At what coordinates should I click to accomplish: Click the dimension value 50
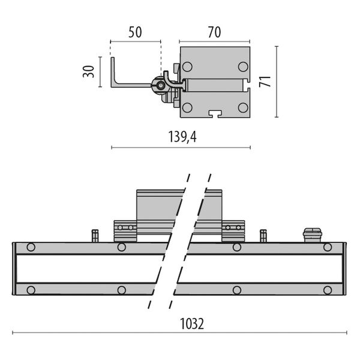coord(135,32)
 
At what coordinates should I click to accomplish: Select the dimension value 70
coord(214,32)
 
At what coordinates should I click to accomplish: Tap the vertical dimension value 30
coord(88,71)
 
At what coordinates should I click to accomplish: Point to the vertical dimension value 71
coord(265,81)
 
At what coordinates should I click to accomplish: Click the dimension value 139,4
coord(182,137)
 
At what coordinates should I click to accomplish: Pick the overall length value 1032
coord(192,324)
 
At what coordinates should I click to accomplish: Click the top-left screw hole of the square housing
coord(187,67)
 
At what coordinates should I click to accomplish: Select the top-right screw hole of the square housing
coord(242,67)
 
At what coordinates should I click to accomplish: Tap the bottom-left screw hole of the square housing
coord(187,107)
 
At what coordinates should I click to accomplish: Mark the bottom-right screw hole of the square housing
coord(242,107)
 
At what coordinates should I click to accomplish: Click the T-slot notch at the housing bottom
coord(215,113)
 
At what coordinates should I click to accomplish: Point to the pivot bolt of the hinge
coord(161,86)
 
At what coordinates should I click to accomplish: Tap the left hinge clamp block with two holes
coord(125,230)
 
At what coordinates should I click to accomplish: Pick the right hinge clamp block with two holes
coord(233,230)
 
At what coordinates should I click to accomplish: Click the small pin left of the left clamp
coord(94,235)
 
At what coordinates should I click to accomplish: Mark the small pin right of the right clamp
coord(263,235)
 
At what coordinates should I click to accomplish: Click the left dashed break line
coord(168,240)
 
